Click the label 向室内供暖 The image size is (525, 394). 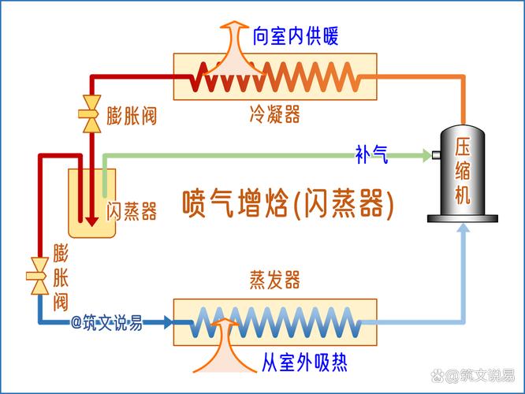[296, 36]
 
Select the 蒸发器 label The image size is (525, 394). [274, 280]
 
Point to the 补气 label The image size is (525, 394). [371, 155]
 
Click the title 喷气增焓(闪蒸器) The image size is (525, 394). [288, 203]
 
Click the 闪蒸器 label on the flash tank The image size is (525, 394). [132, 211]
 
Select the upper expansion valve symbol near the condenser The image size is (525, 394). [91, 110]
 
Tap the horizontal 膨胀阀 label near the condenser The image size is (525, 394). [132, 117]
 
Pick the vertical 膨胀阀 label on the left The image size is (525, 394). [61, 276]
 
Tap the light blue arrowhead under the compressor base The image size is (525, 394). [464, 229]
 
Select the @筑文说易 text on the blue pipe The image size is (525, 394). [106, 322]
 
